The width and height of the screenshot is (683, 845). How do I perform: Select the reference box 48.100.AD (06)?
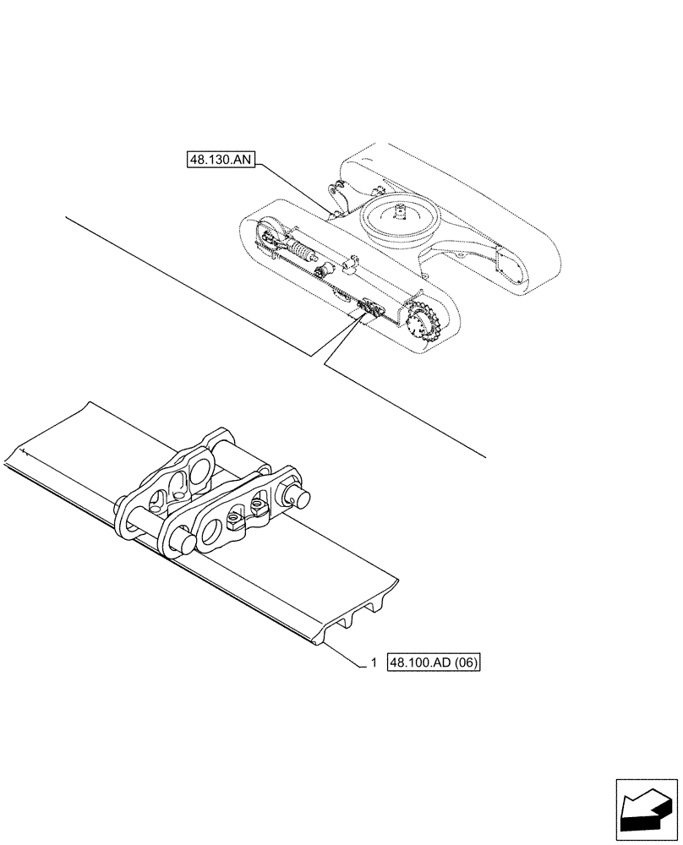434,663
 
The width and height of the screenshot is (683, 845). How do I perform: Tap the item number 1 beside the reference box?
373,663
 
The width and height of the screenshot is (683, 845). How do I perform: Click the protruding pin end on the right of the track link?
299,496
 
